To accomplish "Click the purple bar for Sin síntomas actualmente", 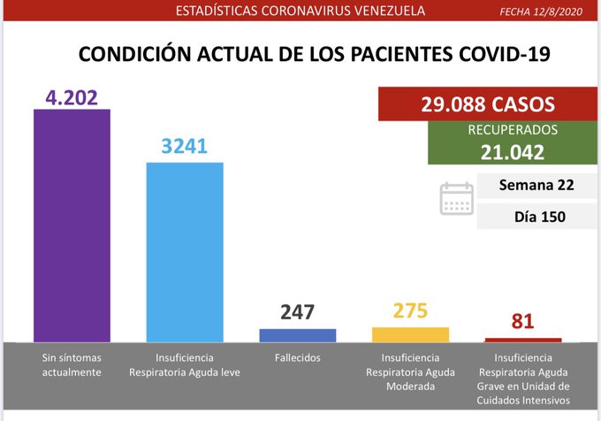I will pos(72,226).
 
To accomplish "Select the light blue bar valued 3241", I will pos(185,252).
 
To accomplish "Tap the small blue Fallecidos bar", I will pos(298,335).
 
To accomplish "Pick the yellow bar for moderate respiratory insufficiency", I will pos(410,334).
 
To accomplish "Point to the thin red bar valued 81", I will pos(523,340).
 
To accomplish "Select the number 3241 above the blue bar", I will pos(184,147).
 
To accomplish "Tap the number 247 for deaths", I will pos(298,312).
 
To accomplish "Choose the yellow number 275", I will pos(410,311).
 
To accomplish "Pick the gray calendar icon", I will pos(456,199).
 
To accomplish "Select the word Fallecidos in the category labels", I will pos(298,358).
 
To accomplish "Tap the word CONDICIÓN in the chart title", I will pos(134,54).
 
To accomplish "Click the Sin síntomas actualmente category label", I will pos(72,365).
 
